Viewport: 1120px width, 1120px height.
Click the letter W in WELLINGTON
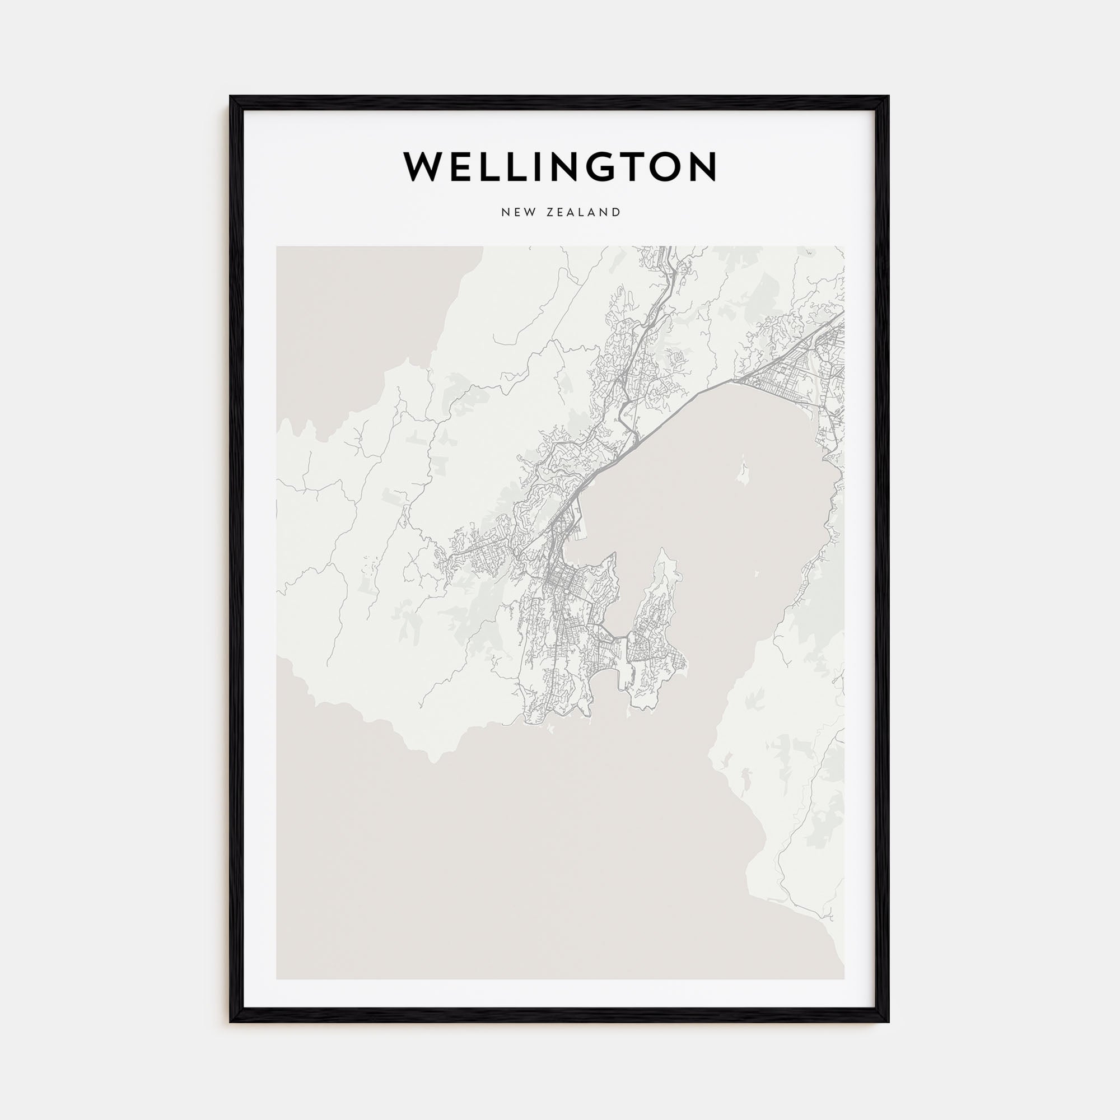(x=426, y=167)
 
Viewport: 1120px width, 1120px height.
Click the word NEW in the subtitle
(x=515, y=212)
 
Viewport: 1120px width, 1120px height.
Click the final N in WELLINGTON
(x=703, y=167)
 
